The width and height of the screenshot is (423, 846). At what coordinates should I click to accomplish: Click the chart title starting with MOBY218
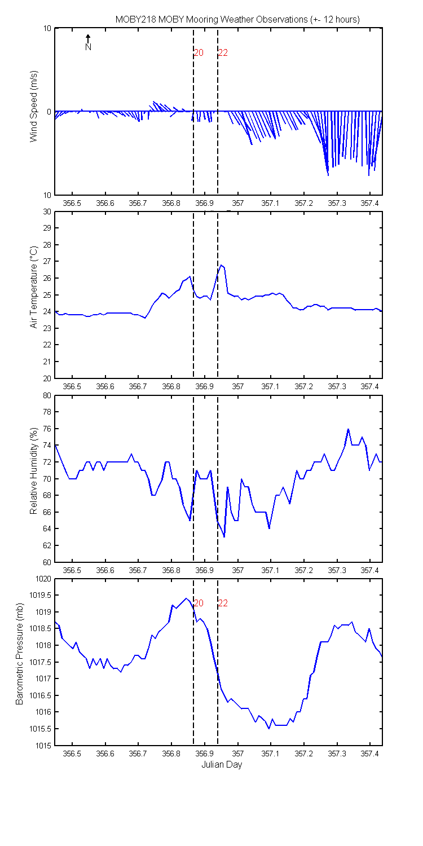point(237,19)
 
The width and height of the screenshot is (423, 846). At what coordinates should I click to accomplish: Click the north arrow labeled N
point(88,43)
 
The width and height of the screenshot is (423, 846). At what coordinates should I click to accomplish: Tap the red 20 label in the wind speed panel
point(199,53)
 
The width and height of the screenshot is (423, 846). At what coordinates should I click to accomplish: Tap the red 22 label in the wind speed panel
point(223,53)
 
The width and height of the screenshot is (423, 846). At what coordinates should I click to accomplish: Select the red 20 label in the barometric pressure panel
point(199,603)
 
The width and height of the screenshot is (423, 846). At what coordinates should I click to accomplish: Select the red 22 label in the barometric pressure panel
point(223,603)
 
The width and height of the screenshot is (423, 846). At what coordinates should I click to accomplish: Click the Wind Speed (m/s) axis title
point(34,106)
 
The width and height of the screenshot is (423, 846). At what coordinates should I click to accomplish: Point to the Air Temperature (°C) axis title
point(34,287)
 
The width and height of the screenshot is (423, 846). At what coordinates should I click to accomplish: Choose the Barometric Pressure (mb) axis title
point(20,659)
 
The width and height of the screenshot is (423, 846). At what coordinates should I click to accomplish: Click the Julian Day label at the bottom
point(222,765)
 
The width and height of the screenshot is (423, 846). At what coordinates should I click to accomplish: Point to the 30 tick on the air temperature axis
point(46,212)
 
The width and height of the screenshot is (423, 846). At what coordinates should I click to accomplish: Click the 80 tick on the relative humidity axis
point(46,395)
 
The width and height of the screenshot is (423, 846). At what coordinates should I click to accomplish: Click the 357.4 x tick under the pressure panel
point(370,754)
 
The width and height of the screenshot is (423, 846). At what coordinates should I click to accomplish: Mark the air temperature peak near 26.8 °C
point(221,265)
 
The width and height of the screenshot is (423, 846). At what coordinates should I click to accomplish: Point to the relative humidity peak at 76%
point(348,429)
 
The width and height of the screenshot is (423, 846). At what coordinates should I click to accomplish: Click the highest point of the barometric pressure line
point(186,598)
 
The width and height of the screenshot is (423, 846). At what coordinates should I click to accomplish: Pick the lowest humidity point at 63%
point(224,537)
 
